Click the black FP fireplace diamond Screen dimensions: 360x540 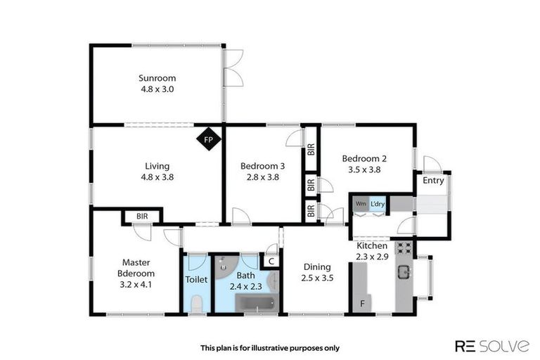tap(208, 139)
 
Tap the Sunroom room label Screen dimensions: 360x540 tap(157, 78)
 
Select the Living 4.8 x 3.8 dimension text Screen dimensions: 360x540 tap(157, 177)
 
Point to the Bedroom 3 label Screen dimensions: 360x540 tap(262, 166)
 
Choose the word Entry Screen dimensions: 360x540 tap(433, 181)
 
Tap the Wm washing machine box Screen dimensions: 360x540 tap(361, 204)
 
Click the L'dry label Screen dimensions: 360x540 tap(378, 204)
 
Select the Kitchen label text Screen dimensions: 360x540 tap(372, 246)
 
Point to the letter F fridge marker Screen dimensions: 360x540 tap(362, 304)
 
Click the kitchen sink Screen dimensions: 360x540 tap(404, 271)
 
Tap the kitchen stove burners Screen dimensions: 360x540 tap(404, 247)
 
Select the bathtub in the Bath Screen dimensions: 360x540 tap(257, 303)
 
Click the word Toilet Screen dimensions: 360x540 tap(195, 279)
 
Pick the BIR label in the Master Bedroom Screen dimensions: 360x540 tap(142, 217)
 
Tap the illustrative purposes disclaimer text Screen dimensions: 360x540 tap(270, 347)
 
